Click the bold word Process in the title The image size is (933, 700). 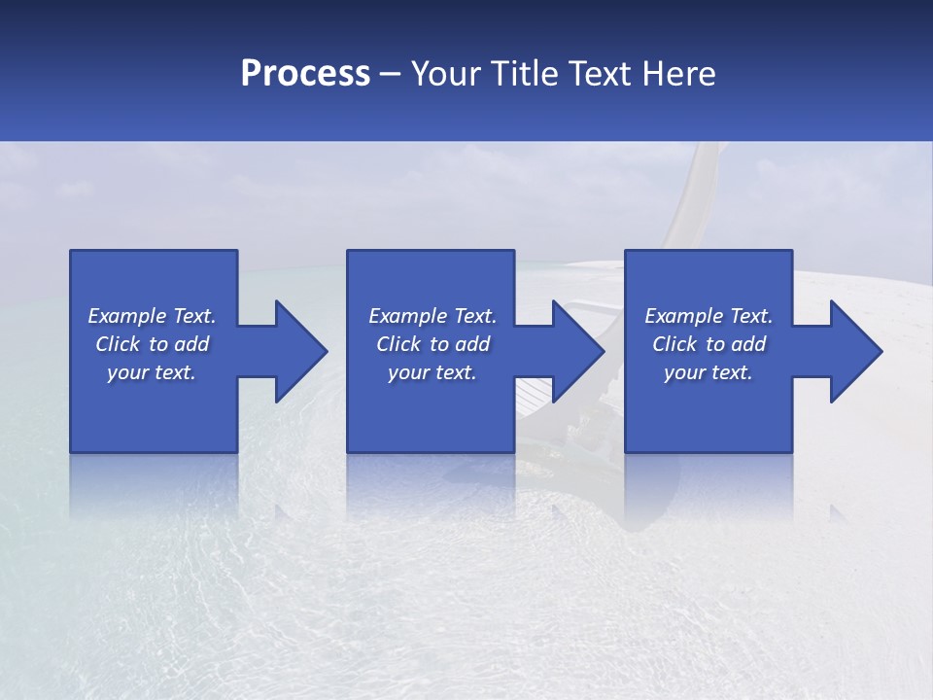tap(305, 74)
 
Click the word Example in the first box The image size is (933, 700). tap(126, 316)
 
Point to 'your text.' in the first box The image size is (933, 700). tap(152, 372)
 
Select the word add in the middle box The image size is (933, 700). tap(472, 344)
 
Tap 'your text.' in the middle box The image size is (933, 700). tap(432, 372)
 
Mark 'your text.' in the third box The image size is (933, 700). tap(708, 372)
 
